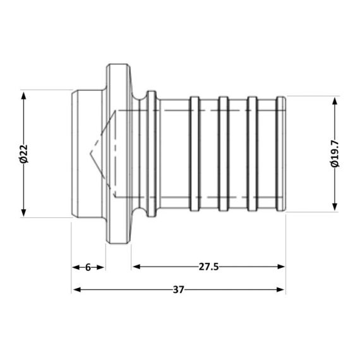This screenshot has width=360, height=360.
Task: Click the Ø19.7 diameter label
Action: click(x=335, y=154)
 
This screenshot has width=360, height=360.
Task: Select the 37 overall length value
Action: click(x=179, y=290)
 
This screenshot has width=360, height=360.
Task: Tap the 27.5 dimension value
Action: click(x=208, y=267)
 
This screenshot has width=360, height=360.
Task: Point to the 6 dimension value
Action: click(x=88, y=267)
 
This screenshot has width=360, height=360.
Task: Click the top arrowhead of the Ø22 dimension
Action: click(x=24, y=95)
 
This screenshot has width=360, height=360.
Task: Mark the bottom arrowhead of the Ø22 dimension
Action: click(x=24, y=213)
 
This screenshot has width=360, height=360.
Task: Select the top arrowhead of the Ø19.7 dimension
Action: click(x=335, y=100)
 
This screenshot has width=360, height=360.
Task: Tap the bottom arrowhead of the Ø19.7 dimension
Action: click(x=335, y=207)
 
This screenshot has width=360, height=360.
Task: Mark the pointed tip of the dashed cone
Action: click(x=90, y=154)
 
